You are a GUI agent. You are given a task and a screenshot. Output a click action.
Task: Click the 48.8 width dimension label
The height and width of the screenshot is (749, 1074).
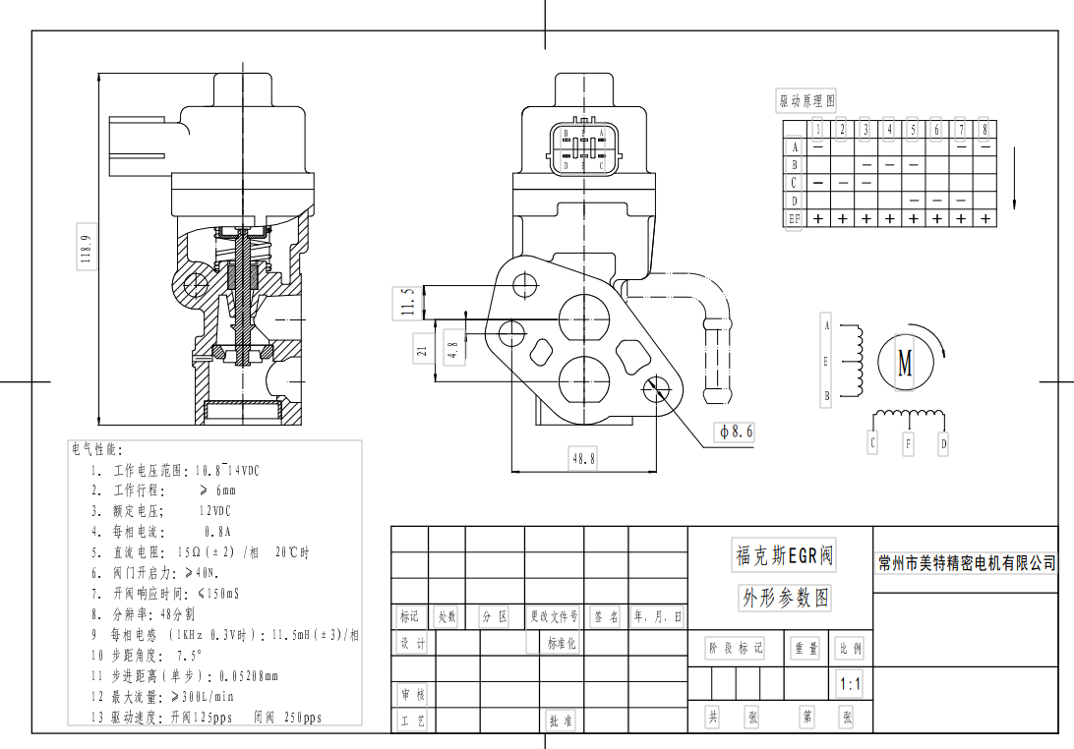pyautogui.click(x=583, y=458)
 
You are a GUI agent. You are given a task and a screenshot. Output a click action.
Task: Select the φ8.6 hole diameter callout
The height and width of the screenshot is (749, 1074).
pyautogui.click(x=736, y=432)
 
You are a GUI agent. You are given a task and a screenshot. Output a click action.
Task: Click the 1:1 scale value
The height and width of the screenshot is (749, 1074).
pyautogui.click(x=849, y=684)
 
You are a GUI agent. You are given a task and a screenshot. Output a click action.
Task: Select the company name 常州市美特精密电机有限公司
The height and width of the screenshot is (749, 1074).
pyautogui.click(x=966, y=563)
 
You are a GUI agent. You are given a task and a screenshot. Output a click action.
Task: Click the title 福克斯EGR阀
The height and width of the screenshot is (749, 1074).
pyautogui.click(x=785, y=556)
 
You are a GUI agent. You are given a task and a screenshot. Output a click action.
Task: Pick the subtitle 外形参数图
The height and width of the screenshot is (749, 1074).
pyautogui.click(x=785, y=598)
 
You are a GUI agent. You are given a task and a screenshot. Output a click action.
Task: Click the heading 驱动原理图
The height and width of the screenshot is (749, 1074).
pyautogui.click(x=806, y=101)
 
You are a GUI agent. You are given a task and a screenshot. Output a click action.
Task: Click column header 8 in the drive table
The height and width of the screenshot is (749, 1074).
pyautogui.click(x=984, y=129)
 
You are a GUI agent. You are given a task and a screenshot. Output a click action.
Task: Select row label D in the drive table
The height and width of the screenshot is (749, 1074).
pyautogui.click(x=795, y=201)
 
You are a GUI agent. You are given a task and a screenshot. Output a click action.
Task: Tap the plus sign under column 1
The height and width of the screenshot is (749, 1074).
pyautogui.click(x=818, y=219)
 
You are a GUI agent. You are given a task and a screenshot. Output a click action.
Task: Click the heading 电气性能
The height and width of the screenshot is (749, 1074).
pyautogui.click(x=95, y=450)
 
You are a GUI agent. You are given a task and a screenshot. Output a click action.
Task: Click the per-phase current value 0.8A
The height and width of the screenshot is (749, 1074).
pyautogui.click(x=217, y=532)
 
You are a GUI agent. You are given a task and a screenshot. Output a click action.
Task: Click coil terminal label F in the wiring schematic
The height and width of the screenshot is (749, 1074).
pyautogui.click(x=908, y=444)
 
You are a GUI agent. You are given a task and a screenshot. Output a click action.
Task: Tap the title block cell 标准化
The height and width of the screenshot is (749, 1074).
pyautogui.click(x=562, y=644)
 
